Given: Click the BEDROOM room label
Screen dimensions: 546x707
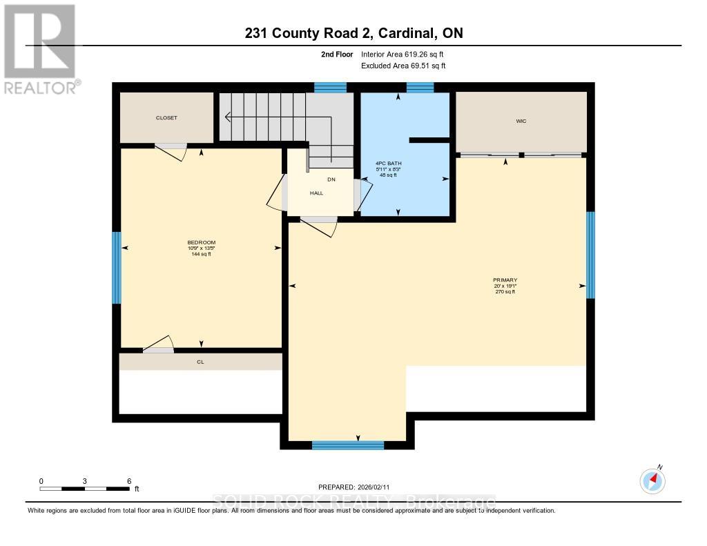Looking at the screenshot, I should click(202, 242).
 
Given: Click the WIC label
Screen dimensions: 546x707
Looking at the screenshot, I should click(521, 121).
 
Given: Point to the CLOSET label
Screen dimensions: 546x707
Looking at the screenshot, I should click(166, 118).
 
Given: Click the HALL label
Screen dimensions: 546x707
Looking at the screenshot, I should click(316, 193).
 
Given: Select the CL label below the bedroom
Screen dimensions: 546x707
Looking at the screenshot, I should click(200, 362).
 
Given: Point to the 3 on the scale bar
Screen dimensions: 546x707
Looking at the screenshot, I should click(85, 480).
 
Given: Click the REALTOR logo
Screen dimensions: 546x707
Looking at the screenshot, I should click(40, 48).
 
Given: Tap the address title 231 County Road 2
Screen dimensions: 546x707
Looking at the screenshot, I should click(353, 33).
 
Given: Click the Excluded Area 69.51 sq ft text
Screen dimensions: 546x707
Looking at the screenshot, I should click(403, 66).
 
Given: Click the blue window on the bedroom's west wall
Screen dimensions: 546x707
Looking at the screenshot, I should click(117, 268).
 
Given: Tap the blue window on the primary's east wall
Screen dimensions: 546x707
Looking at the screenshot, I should click(590, 255).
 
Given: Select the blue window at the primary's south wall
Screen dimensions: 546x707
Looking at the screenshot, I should click(347, 445).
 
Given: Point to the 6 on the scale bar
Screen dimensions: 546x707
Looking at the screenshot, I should click(129, 480).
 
